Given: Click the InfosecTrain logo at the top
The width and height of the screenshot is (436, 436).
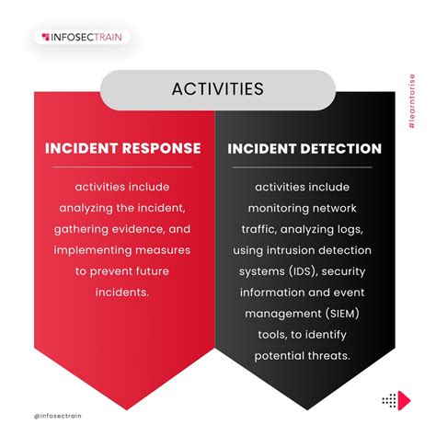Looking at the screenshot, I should click(83, 37).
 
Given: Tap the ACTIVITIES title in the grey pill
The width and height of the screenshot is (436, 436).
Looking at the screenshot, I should click(218, 89).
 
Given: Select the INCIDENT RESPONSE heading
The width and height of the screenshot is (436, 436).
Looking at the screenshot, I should click(123, 148).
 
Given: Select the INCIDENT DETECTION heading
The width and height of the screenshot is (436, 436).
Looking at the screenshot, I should click(304, 148).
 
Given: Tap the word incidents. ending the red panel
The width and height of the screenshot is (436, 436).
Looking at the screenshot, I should click(123, 293).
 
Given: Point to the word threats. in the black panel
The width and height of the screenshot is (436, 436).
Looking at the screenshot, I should click(331, 356).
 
